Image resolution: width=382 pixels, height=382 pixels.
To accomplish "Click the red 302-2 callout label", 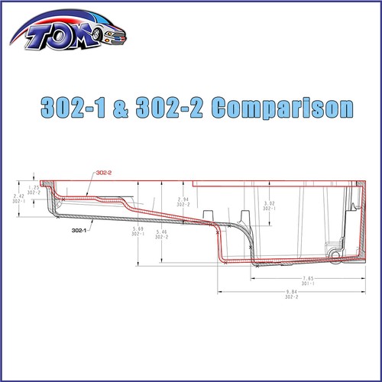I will [105, 173].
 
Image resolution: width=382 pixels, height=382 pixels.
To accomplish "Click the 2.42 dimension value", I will [19, 196].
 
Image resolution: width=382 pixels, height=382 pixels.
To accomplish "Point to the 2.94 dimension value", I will [183, 199].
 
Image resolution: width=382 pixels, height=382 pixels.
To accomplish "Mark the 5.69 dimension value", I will [138, 229].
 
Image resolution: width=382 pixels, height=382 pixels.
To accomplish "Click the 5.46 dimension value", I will [161, 231].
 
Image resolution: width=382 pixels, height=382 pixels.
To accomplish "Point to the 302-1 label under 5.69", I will [138, 235].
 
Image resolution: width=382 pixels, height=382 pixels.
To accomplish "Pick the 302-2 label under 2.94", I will [183, 205].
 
